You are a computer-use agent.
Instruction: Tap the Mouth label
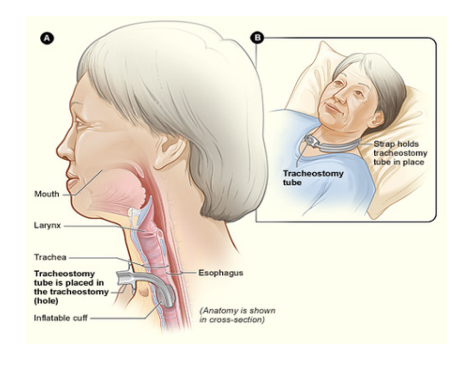point(47,194)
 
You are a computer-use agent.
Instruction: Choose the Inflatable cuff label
point(60,318)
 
